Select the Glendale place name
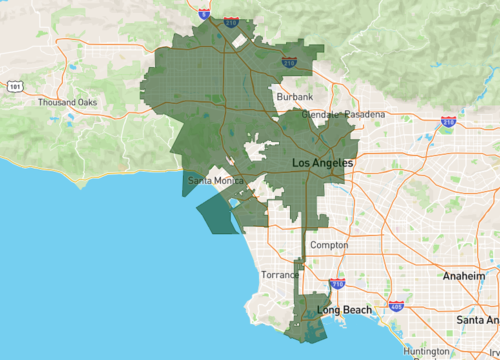320,115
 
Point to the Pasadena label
365,115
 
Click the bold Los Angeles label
322,162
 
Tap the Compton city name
329,245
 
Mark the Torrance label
280,274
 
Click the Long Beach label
344,310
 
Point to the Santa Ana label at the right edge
477,320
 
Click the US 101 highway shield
14,87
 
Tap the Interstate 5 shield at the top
204,14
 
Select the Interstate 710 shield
337,284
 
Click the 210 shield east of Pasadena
448,122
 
